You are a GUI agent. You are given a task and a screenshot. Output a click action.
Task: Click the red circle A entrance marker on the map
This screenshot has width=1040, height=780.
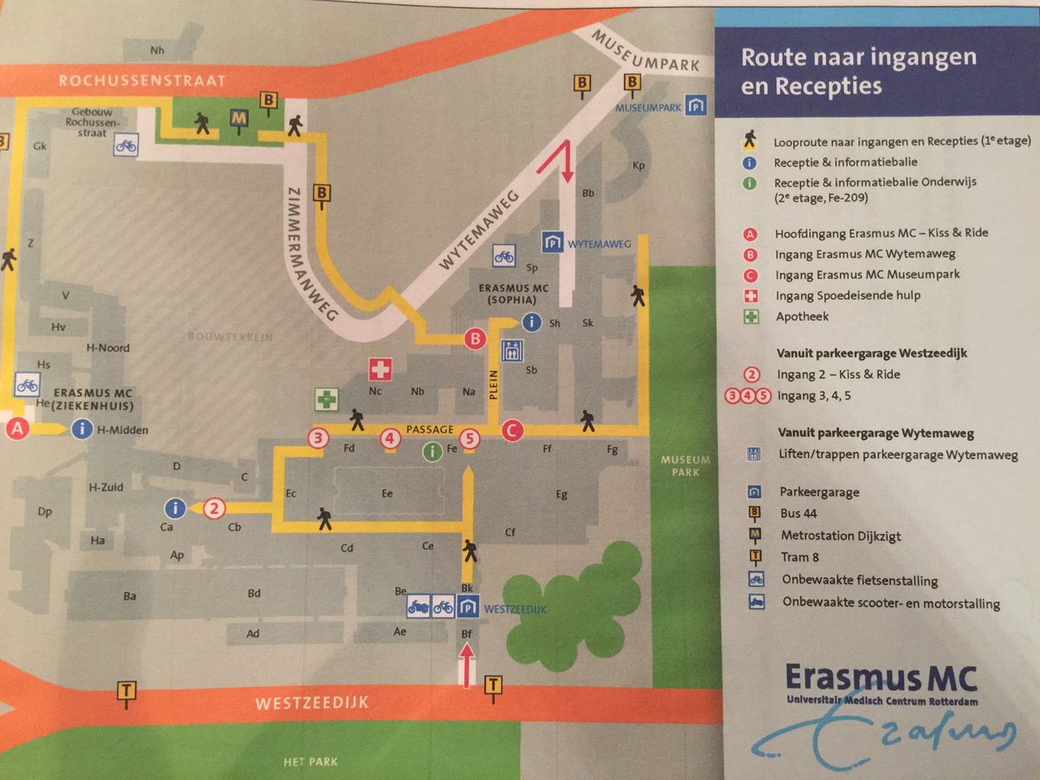pyautogui.click(x=16, y=427)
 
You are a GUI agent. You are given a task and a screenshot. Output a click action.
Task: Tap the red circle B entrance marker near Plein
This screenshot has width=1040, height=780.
pyautogui.click(x=474, y=339)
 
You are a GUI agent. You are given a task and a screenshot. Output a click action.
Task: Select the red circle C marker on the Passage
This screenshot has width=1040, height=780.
pyautogui.click(x=511, y=429)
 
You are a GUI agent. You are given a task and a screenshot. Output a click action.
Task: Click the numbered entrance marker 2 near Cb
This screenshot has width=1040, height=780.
pyautogui.click(x=215, y=509)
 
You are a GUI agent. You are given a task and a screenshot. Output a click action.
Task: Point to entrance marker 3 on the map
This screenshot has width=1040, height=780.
pyautogui.click(x=319, y=438)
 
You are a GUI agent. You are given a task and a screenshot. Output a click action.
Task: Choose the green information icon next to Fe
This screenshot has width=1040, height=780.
pyautogui.click(x=431, y=450)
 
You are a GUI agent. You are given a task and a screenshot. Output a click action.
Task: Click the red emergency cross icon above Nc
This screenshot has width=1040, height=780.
pyautogui.click(x=380, y=369)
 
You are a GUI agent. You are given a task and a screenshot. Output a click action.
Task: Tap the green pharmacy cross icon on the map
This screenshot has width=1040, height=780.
pyautogui.click(x=326, y=400)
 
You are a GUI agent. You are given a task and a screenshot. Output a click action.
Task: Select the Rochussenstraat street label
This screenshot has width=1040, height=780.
pyautogui.click(x=141, y=81)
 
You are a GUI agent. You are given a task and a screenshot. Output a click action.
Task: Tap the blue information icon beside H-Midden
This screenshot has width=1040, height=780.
pyautogui.click(x=83, y=428)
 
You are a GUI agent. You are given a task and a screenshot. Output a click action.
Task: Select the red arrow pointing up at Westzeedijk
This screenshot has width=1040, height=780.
pyautogui.click(x=467, y=669)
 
